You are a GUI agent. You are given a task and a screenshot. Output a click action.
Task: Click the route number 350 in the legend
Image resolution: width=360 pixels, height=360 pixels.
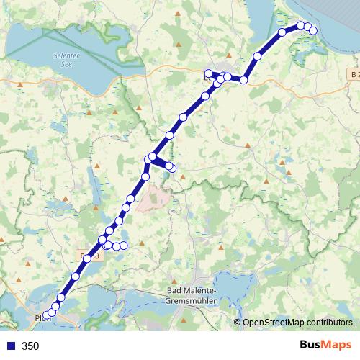click(30, 346)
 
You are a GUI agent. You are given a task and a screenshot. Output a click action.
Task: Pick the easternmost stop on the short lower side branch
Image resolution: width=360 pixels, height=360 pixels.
click(124, 246)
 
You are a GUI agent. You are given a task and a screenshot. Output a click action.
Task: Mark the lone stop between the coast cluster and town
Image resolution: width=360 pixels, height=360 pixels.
click(257, 56)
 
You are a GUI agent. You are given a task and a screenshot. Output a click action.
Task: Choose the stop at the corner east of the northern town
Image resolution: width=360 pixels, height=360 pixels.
click(244, 80)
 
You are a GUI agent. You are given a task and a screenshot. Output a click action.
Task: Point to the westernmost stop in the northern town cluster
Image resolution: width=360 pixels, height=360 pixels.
click(208, 73)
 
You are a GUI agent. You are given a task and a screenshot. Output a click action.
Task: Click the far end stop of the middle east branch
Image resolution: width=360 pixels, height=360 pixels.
click(172, 168)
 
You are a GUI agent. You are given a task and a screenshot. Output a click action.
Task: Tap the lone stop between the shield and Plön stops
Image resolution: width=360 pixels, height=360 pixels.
click(76, 276)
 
